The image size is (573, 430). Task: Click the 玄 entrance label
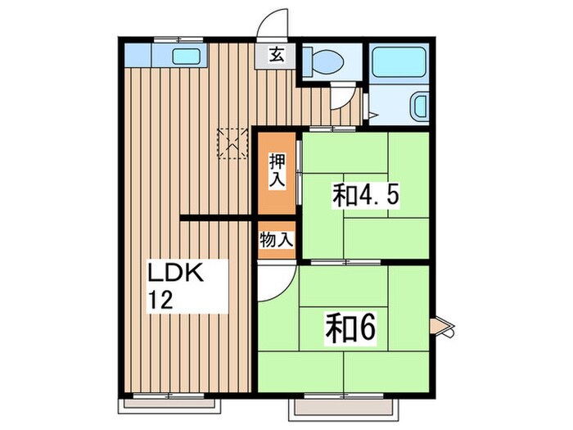(277, 56)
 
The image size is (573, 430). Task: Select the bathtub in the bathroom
(396, 64)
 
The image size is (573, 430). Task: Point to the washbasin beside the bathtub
(418, 106)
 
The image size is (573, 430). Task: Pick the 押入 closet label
(277, 170)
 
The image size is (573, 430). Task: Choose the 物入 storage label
(276, 240)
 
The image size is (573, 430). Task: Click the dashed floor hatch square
(232, 143)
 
